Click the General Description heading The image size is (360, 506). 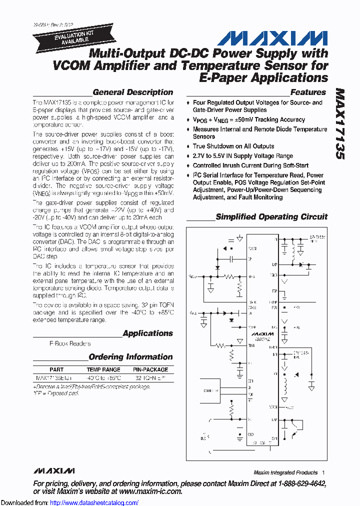[x=132, y=92]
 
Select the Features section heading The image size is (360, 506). [x=308, y=92]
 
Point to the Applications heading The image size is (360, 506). [x=147, y=333]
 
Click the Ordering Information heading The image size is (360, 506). [x=130, y=357]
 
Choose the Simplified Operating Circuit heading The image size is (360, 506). [x=271, y=216]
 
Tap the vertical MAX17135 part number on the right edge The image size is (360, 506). [x=340, y=124]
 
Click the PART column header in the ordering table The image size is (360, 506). [x=56, y=369]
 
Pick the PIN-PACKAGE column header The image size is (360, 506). [x=150, y=369]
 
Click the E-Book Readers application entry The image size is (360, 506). [x=70, y=343]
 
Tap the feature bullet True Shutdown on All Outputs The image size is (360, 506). [x=233, y=146]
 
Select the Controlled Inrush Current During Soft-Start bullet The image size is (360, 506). [x=250, y=165]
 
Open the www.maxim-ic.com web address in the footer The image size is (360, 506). [x=150, y=491]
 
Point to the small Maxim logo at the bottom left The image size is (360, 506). [x=54, y=471]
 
